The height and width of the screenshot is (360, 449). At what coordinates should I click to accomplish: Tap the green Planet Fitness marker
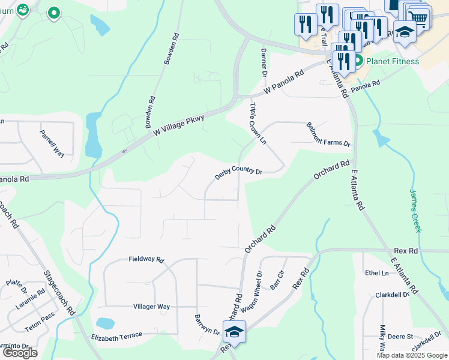point(358,61)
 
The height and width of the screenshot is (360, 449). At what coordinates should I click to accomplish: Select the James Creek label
point(416,211)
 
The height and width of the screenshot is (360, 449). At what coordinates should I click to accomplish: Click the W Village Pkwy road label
point(179,124)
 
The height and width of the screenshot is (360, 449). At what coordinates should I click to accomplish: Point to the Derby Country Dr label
point(239,171)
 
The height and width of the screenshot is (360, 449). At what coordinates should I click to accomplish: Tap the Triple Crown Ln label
point(258,123)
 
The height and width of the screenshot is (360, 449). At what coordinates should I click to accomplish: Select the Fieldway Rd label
point(146,260)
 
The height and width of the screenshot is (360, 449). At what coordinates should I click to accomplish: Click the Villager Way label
point(151,307)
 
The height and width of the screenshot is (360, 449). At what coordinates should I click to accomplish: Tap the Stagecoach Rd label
point(59,293)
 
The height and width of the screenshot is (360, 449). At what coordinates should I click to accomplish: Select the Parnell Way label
point(52,143)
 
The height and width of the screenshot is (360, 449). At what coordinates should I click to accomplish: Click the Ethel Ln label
point(377,273)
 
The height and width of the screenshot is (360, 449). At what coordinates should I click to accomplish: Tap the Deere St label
point(400,337)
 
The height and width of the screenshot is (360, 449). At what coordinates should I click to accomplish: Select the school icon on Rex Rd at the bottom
point(235,331)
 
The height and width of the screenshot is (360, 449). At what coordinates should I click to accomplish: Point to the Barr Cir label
point(277,281)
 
